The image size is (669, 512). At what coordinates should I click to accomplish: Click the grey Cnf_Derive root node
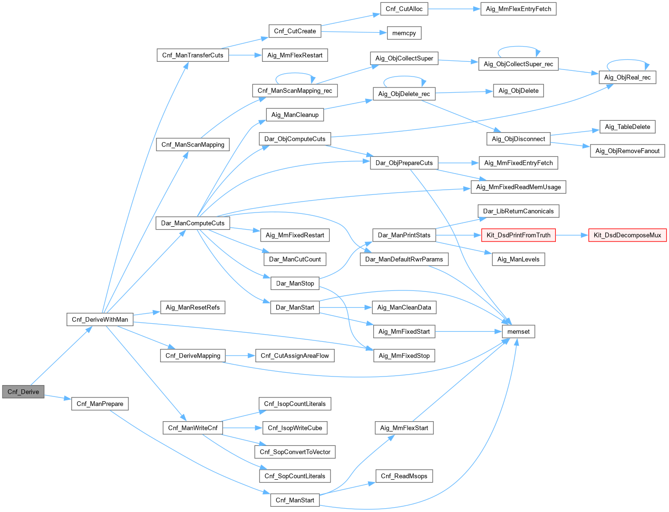pos(23,392)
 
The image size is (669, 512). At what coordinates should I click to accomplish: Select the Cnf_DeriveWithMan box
pos(100,319)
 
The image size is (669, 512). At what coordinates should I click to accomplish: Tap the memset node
pos(518,331)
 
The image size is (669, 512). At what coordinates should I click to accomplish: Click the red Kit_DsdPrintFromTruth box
pos(518,235)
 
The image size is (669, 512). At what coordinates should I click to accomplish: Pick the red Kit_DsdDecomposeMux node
pos(627,235)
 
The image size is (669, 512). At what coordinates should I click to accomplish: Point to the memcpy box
pos(404,33)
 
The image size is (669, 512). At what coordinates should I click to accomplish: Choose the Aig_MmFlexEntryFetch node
pos(518,9)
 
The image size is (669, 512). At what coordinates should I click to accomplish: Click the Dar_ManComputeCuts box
pos(193,223)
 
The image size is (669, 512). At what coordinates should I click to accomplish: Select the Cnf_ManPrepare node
pos(100,404)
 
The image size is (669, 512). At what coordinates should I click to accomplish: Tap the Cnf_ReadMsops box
pos(404,476)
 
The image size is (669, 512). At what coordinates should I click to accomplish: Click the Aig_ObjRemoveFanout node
pos(627,151)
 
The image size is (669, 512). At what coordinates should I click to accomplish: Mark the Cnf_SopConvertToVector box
pos(295,452)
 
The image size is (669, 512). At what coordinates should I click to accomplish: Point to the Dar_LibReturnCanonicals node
pos(518,211)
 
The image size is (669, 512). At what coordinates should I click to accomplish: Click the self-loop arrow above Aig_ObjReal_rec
pos(628,60)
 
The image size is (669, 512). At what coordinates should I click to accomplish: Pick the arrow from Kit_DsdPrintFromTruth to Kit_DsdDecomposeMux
pos(572,235)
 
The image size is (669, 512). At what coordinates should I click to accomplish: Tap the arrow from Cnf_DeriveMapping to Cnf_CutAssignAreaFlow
pos(241,356)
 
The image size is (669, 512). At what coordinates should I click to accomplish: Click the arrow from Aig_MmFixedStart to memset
pos(468,331)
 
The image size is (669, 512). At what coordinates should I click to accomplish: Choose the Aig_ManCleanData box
pos(404,307)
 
